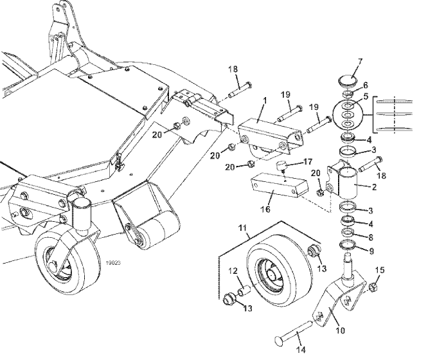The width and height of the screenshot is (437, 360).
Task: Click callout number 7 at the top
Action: click(x=360, y=62)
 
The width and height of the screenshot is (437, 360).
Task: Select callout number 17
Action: click(x=308, y=161)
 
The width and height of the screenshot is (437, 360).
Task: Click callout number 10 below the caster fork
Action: click(x=341, y=331)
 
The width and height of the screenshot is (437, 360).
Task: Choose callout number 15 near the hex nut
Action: click(x=379, y=269)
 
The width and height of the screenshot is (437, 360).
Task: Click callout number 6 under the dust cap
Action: click(x=366, y=84)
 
